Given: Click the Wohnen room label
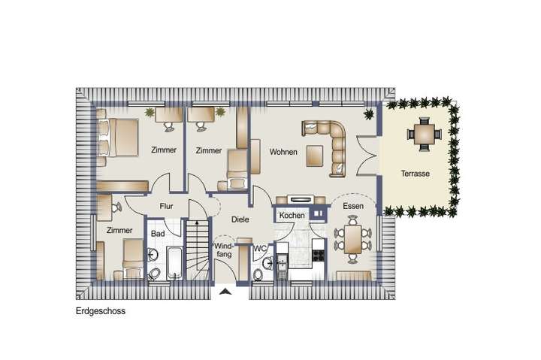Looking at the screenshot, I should (x=283, y=152).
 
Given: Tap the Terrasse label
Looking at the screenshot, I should (x=415, y=173).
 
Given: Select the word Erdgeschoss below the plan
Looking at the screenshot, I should (x=100, y=310).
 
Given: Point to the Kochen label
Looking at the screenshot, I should (x=292, y=216).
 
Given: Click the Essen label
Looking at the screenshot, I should (x=353, y=205).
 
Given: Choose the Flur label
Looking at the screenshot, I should (x=167, y=205).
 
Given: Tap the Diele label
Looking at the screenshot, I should (x=240, y=219).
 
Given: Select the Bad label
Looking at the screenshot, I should (x=157, y=234).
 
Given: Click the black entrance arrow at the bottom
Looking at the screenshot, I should (x=224, y=292).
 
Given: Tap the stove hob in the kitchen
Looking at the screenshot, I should (x=317, y=255).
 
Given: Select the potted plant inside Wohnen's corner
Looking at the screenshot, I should (x=369, y=115).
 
